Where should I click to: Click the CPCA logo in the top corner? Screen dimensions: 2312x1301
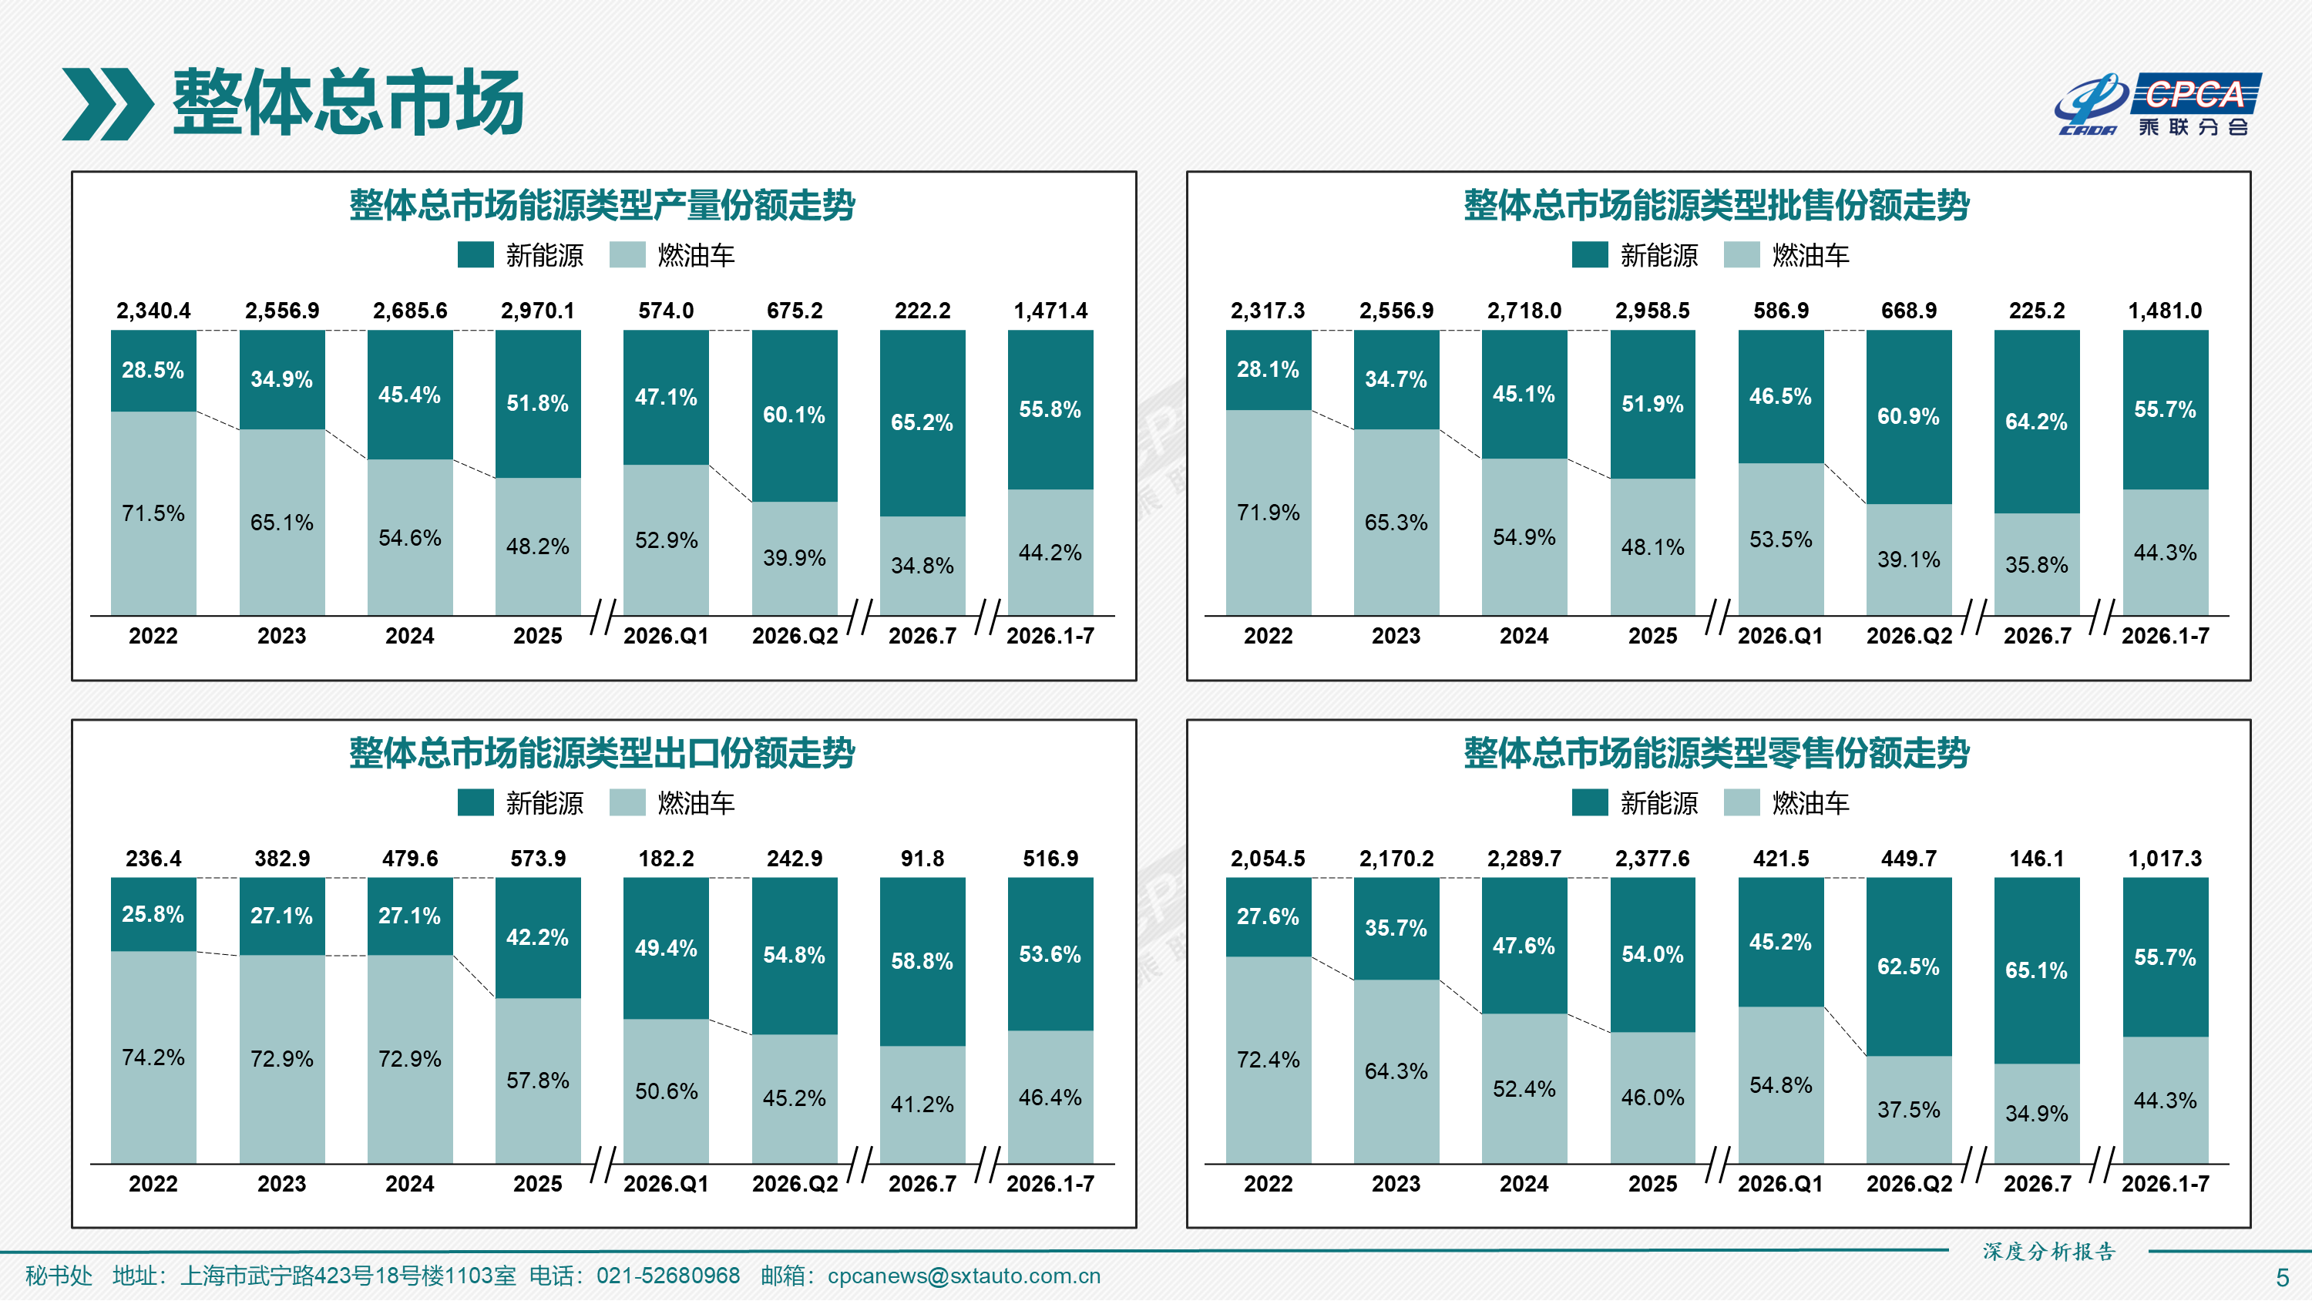2158,104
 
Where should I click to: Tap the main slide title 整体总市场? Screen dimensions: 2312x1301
348,103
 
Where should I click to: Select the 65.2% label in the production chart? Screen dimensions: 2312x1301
922,422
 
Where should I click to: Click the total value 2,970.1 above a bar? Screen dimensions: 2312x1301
538,311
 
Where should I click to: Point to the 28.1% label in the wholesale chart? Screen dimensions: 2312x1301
1267,369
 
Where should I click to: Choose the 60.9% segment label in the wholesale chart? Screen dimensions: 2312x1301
1908,417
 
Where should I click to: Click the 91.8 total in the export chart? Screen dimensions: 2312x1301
922,859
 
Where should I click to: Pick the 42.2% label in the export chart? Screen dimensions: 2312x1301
538,937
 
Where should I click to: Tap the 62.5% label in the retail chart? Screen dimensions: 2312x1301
1908,967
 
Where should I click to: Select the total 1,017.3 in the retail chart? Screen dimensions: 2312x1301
2165,859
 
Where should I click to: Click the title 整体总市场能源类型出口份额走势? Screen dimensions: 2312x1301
602,752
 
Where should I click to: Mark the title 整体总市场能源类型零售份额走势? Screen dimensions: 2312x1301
1716,752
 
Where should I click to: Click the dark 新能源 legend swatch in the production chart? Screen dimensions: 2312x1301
476,255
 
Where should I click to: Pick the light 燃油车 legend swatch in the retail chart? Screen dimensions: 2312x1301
1742,802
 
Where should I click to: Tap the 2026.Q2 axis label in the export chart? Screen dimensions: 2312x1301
795,1183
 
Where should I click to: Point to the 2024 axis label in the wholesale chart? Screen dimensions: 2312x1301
1524,636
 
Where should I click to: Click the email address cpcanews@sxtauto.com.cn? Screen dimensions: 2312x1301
964,1276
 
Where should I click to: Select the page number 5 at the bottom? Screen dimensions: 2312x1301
2283,1278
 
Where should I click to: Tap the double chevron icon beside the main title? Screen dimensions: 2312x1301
108,104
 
